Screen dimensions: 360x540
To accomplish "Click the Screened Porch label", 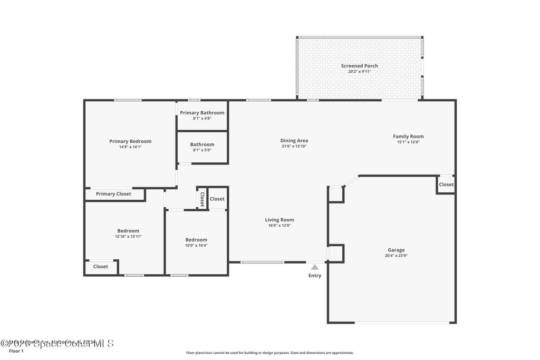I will tap(359, 66).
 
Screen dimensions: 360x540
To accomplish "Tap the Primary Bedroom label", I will tap(130, 141).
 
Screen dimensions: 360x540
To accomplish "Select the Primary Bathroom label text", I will tap(202, 113).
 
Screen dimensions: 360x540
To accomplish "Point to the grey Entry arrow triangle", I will tap(315, 267).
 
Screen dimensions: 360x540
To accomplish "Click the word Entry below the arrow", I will tap(315, 276).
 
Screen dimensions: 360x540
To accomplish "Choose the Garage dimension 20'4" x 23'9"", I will tap(396, 256).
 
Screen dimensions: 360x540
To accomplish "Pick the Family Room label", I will tap(408, 137).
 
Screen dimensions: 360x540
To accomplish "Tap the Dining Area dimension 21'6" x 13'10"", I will tap(294, 146).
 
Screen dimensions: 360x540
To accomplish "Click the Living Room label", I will tap(279, 220).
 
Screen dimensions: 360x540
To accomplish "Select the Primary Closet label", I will tap(113, 194).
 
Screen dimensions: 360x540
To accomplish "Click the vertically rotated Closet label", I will tap(202, 199).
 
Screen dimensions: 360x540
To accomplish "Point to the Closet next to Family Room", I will tap(446, 184).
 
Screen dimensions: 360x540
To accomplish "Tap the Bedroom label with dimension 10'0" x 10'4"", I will tap(196, 240).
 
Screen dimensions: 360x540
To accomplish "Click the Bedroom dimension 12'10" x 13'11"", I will tap(128, 236).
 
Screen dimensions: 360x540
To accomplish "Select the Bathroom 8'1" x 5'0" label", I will tap(202, 144).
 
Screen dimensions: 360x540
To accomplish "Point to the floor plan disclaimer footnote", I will tap(269, 353).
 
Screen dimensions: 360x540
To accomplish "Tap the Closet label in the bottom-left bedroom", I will tap(101, 267).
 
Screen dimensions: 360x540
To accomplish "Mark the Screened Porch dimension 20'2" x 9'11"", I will tap(359, 71).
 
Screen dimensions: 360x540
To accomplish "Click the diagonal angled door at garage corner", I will tap(351, 181).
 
